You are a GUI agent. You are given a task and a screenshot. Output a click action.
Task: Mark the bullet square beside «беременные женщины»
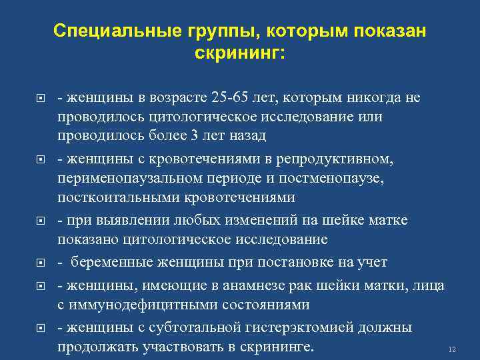[41, 263]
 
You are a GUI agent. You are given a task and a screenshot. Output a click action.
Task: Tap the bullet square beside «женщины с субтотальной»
[41, 328]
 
